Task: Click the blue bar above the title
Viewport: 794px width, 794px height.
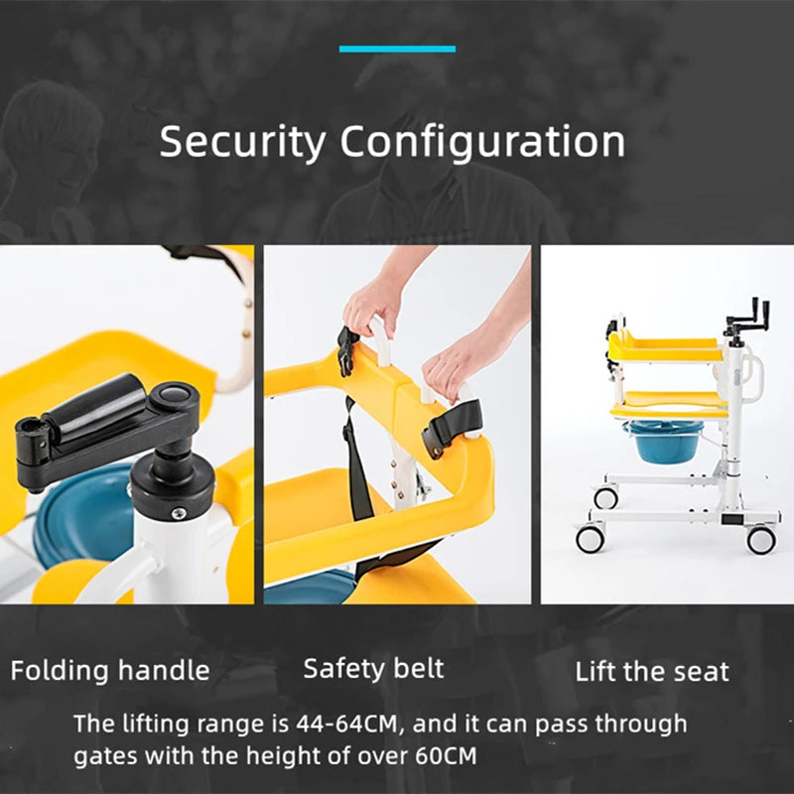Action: pyautogui.click(x=397, y=49)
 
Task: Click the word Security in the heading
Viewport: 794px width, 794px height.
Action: pyautogui.click(x=242, y=141)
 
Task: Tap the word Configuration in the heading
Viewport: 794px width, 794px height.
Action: pyautogui.click(x=482, y=143)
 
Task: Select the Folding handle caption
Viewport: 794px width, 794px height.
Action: pyautogui.click(x=110, y=670)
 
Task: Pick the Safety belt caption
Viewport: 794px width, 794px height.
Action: pyautogui.click(x=374, y=668)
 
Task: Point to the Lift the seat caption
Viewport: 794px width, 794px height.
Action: pyautogui.click(x=652, y=672)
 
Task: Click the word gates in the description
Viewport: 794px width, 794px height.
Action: pyautogui.click(x=103, y=756)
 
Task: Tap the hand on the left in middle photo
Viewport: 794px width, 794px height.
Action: pyautogui.click(x=372, y=303)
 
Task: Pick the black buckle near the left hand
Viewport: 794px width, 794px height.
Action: pyautogui.click(x=347, y=349)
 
